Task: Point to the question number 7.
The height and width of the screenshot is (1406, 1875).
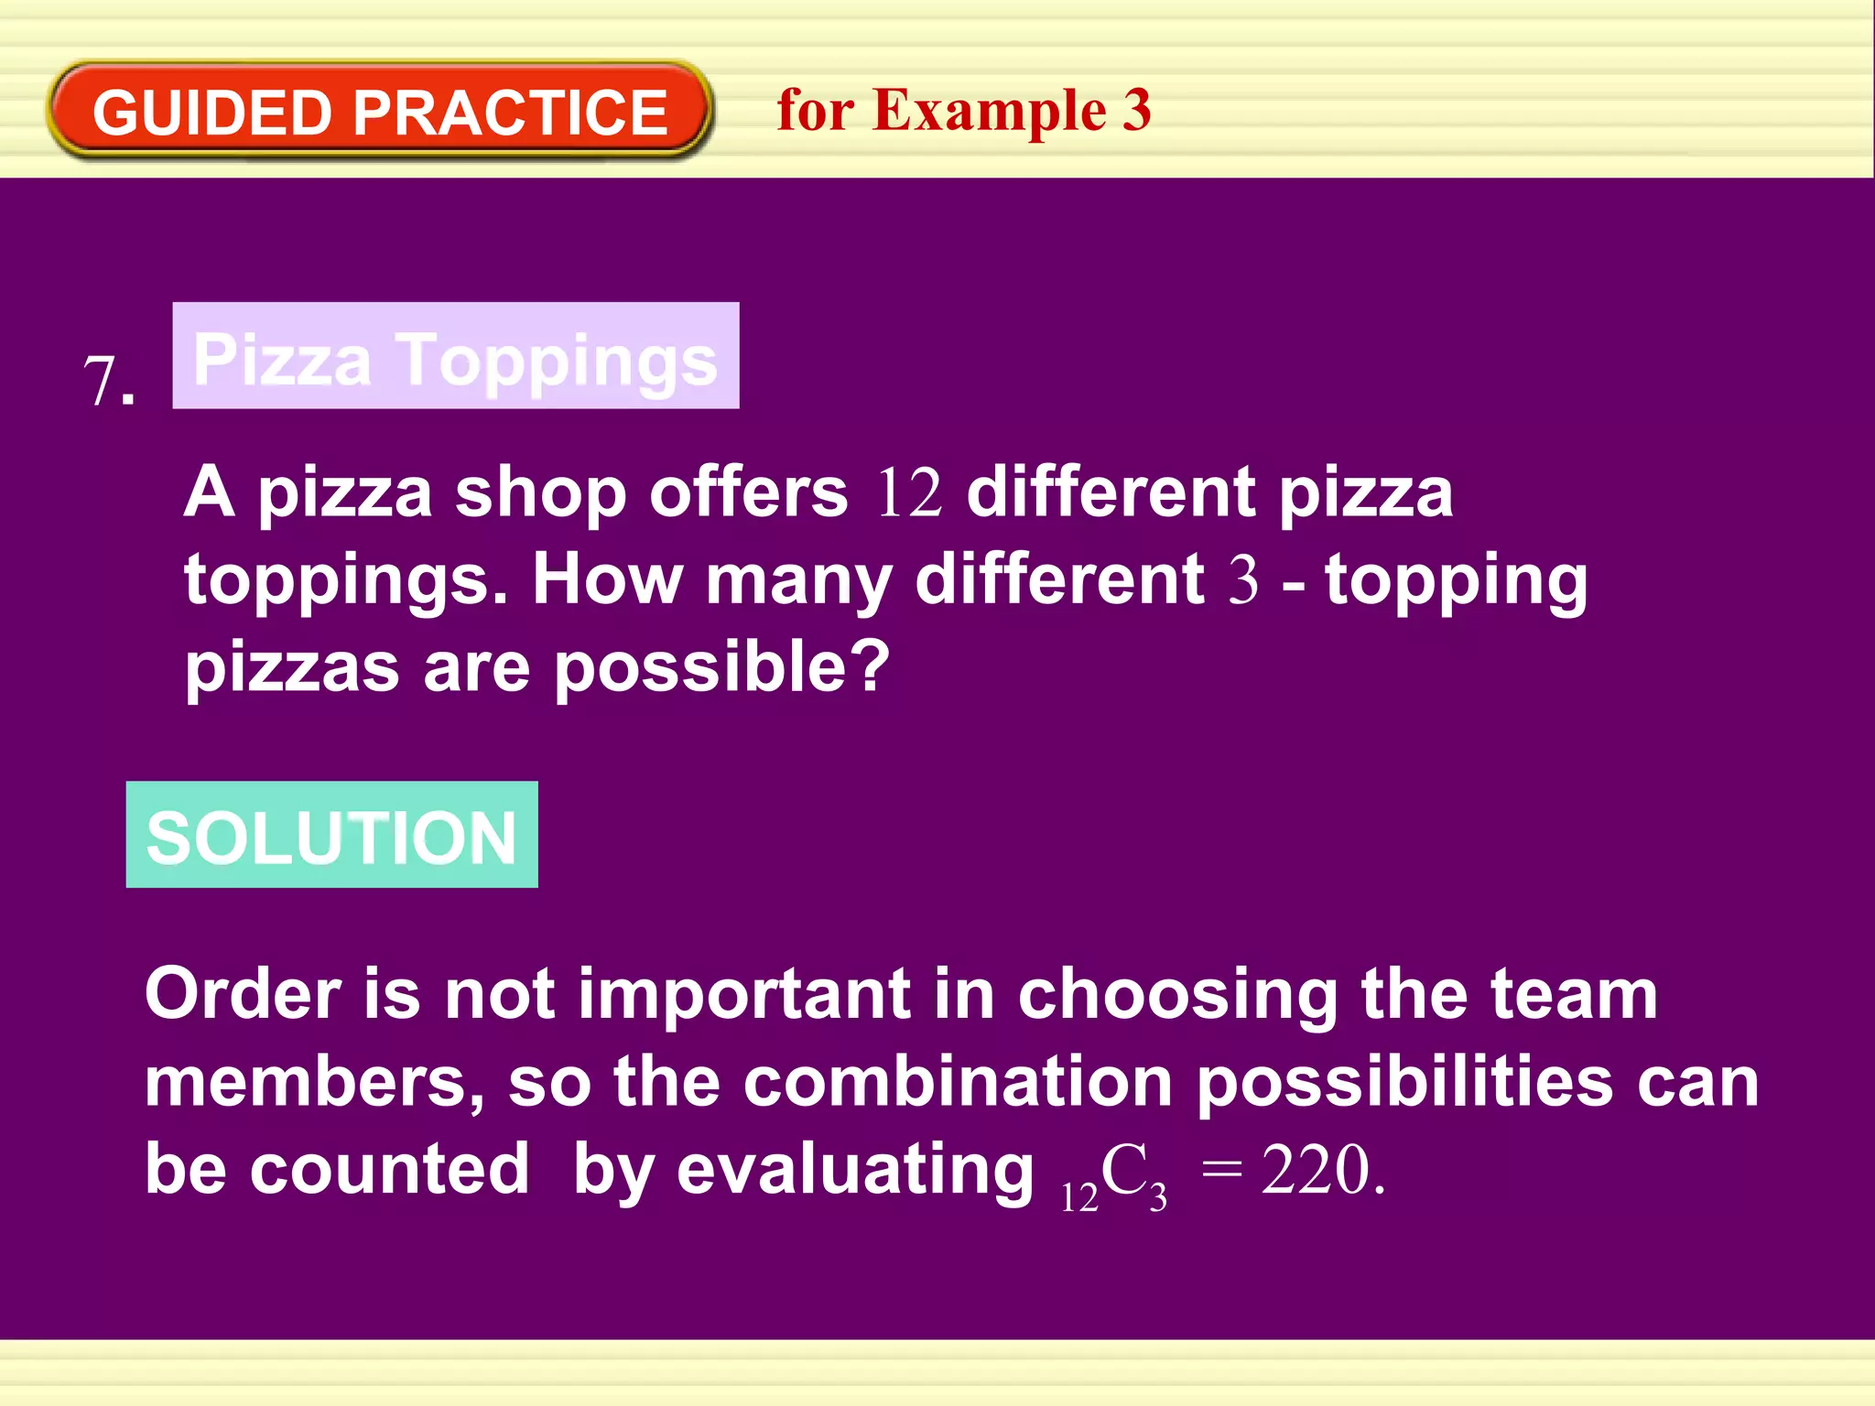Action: coord(108,381)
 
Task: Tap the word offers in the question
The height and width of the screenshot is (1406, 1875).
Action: coord(748,492)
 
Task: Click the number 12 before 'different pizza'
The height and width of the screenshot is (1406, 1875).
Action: coord(908,493)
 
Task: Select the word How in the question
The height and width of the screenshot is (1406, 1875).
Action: coord(607,579)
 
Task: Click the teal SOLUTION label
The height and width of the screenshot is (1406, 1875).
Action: coord(331,836)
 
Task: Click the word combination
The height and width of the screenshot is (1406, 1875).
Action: coord(958,1082)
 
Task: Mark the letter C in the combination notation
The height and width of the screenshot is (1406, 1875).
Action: coord(1123,1170)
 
